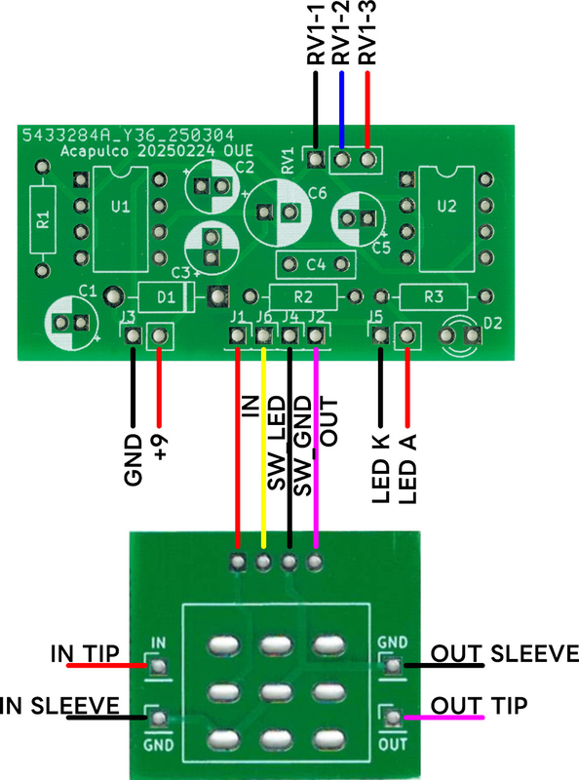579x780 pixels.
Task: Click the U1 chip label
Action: pyautogui.click(x=120, y=207)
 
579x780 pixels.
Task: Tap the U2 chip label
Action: pyautogui.click(x=446, y=206)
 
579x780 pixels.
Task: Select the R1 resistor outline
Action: pyautogui.click(x=43, y=218)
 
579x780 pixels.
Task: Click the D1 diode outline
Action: pyautogui.click(x=166, y=297)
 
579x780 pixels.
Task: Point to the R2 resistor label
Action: pyautogui.click(x=303, y=297)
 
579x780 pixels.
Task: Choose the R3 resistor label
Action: pyautogui.click(x=433, y=297)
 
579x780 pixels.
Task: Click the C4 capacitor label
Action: pyautogui.click(x=316, y=264)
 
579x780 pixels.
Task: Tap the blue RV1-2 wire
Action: pyautogui.click(x=341, y=110)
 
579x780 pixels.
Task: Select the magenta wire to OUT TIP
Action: pyautogui.click(x=444, y=718)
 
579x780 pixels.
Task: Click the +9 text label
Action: pyautogui.click(x=160, y=448)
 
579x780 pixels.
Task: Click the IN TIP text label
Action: pyautogui.click(x=85, y=653)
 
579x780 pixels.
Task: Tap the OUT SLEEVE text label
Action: pyautogui.click(x=504, y=653)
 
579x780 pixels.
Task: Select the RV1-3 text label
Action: pyautogui.click(x=367, y=33)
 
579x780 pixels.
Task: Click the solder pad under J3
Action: pyautogui.click(x=133, y=335)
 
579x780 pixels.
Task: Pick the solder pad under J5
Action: pyautogui.click(x=380, y=334)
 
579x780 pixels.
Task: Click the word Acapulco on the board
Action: pyautogui.click(x=95, y=151)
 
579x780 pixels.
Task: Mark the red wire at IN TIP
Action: pyautogui.click(x=107, y=665)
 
